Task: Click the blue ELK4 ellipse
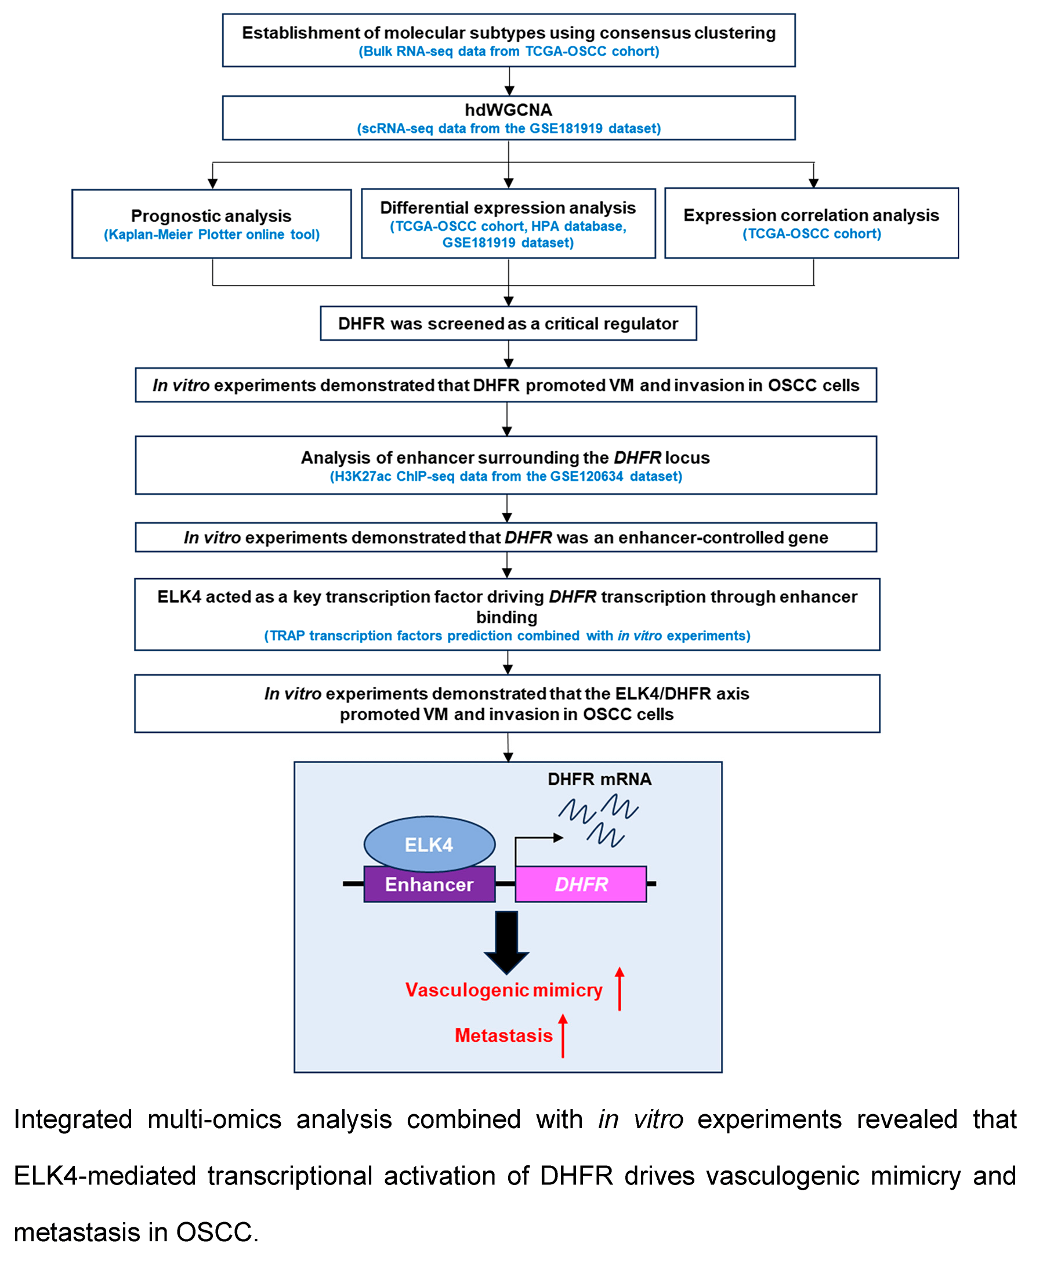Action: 429,843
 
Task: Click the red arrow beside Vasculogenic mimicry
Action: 620,989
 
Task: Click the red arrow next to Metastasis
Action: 563,1035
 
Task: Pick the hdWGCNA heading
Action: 508,110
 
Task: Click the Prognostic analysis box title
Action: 211,216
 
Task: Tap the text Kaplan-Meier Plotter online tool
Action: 211,235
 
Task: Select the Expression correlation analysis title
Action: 811,215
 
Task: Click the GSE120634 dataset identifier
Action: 586,476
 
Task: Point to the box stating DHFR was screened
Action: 508,324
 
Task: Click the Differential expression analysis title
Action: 508,208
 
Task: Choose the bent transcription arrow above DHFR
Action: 534,839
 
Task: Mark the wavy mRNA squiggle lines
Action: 599,820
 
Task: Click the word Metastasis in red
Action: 504,1035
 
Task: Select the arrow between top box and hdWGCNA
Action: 509,81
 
